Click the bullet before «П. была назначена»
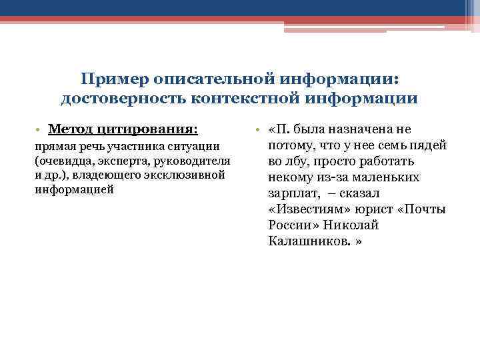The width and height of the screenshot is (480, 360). click(x=258, y=129)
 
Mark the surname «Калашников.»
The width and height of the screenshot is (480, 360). click(x=309, y=241)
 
